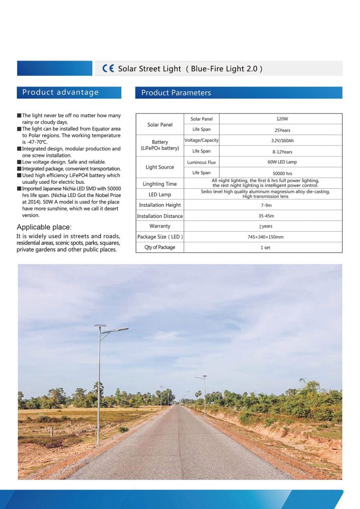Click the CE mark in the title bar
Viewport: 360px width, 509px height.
(x=108, y=69)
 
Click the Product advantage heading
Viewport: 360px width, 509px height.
(x=61, y=92)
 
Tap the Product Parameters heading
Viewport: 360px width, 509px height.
(x=176, y=93)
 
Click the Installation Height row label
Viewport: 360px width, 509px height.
(x=160, y=205)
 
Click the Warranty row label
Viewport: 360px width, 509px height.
(x=160, y=226)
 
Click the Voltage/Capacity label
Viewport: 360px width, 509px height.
(x=202, y=140)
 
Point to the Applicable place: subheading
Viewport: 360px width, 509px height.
(x=44, y=227)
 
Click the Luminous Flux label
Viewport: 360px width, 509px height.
(x=202, y=162)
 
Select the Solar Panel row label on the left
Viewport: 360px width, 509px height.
(x=160, y=125)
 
